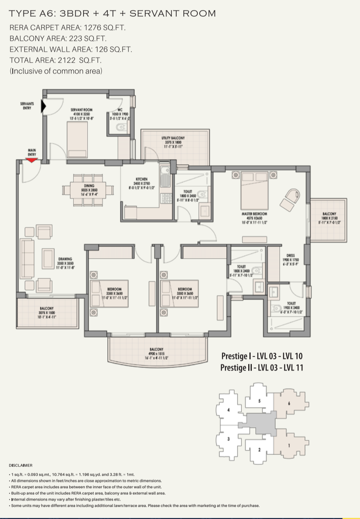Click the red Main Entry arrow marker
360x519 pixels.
[32, 160]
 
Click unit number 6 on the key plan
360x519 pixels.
[289, 403]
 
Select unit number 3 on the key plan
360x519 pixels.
[228, 439]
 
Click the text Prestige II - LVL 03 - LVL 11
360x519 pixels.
[261, 367]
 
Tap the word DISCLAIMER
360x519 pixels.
[21, 465]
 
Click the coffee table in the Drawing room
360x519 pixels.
[48, 258]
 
